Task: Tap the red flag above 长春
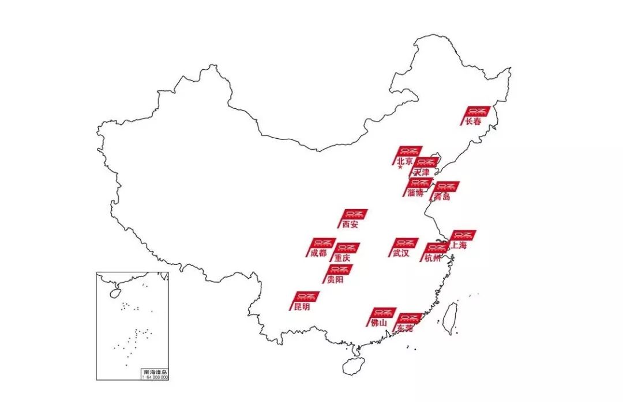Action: (x=478, y=111)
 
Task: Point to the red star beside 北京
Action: (x=400, y=168)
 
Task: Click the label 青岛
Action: (x=442, y=197)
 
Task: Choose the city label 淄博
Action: (x=415, y=193)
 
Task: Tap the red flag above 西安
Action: (x=355, y=214)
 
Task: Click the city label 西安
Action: (x=350, y=225)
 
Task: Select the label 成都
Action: (x=318, y=253)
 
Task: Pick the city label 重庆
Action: (x=342, y=258)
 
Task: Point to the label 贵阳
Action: (x=335, y=280)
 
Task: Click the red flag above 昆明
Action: (x=307, y=297)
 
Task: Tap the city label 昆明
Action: (x=302, y=307)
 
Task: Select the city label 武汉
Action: (x=400, y=253)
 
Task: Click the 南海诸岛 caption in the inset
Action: (x=155, y=372)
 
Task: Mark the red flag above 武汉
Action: (x=406, y=243)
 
